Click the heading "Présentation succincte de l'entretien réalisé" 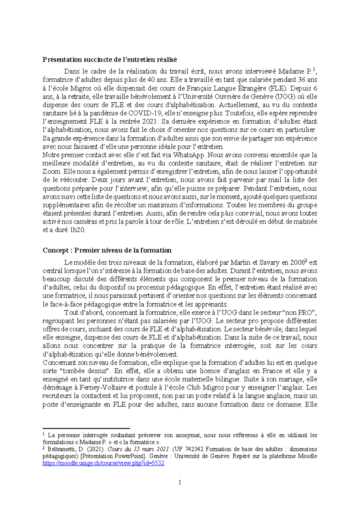(x=109, y=59)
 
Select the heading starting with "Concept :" (x=107, y=250)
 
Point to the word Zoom (x=52, y=172)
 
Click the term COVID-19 (x=145, y=113)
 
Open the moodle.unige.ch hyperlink (x=103, y=463)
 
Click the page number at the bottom (x=180, y=483)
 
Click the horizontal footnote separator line (x=86, y=429)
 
